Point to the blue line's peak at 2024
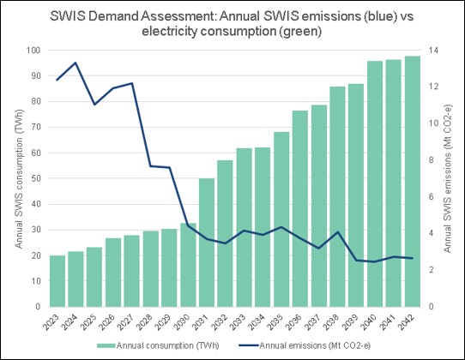(x=75, y=63)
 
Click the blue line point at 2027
(x=131, y=83)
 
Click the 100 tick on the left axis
(x=33, y=51)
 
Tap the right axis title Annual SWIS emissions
(x=450, y=178)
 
